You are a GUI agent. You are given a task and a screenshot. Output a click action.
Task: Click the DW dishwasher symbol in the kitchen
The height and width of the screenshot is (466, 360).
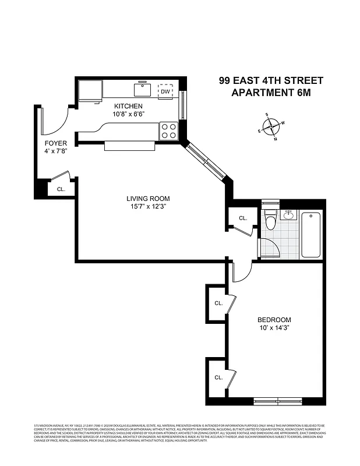click(x=166, y=91)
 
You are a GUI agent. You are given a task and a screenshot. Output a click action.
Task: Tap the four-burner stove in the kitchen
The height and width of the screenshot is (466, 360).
click(x=168, y=130)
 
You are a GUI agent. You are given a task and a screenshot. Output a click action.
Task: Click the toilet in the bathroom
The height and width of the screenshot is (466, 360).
click(x=270, y=222)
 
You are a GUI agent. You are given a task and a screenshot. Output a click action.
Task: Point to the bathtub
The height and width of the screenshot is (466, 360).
click(x=310, y=235)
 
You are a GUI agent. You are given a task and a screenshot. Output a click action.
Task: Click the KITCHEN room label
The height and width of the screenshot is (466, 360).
click(x=128, y=106)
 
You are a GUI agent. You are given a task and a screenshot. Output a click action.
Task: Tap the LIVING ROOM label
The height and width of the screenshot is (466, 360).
click(x=148, y=199)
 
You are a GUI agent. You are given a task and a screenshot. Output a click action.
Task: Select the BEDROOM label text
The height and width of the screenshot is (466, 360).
click(x=274, y=320)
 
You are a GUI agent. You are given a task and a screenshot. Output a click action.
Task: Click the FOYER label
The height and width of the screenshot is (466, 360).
click(x=56, y=143)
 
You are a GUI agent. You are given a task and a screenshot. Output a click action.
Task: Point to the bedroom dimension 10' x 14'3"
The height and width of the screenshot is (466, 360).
click(x=274, y=329)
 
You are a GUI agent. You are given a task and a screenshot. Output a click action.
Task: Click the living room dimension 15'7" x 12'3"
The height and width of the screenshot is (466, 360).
click(x=149, y=207)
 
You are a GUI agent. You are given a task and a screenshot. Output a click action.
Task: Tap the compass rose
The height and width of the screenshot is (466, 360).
click(x=271, y=126)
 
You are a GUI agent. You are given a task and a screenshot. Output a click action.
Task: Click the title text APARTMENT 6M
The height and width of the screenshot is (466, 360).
click(x=270, y=93)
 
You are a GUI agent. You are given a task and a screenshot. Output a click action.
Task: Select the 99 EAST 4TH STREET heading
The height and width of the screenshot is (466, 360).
click(x=270, y=81)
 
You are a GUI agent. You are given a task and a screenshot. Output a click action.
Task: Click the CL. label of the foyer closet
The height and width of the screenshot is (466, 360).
click(x=61, y=189)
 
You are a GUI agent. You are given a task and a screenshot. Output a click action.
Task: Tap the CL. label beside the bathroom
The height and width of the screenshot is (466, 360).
click(x=243, y=218)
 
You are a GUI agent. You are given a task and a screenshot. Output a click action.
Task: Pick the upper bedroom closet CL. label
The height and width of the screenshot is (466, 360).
click(x=218, y=303)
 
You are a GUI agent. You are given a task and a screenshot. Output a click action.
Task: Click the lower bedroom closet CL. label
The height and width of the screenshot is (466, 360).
click(x=218, y=377)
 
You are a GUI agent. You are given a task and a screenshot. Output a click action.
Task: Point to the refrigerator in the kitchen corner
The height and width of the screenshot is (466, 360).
click(x=90, y=90)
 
